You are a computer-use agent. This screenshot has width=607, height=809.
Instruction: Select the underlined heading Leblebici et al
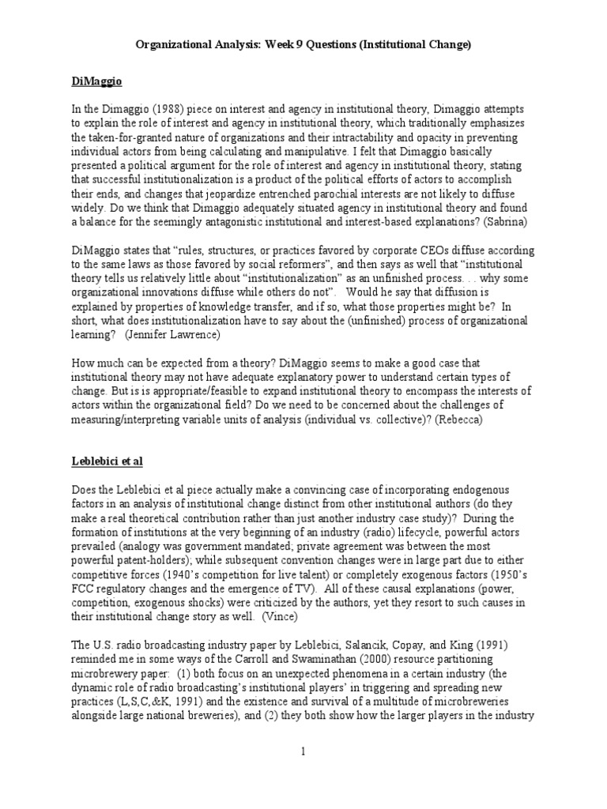point(108,460)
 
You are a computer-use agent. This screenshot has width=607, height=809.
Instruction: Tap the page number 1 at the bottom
point(303,751)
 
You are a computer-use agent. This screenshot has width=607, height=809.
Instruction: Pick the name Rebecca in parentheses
point(454,420)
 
